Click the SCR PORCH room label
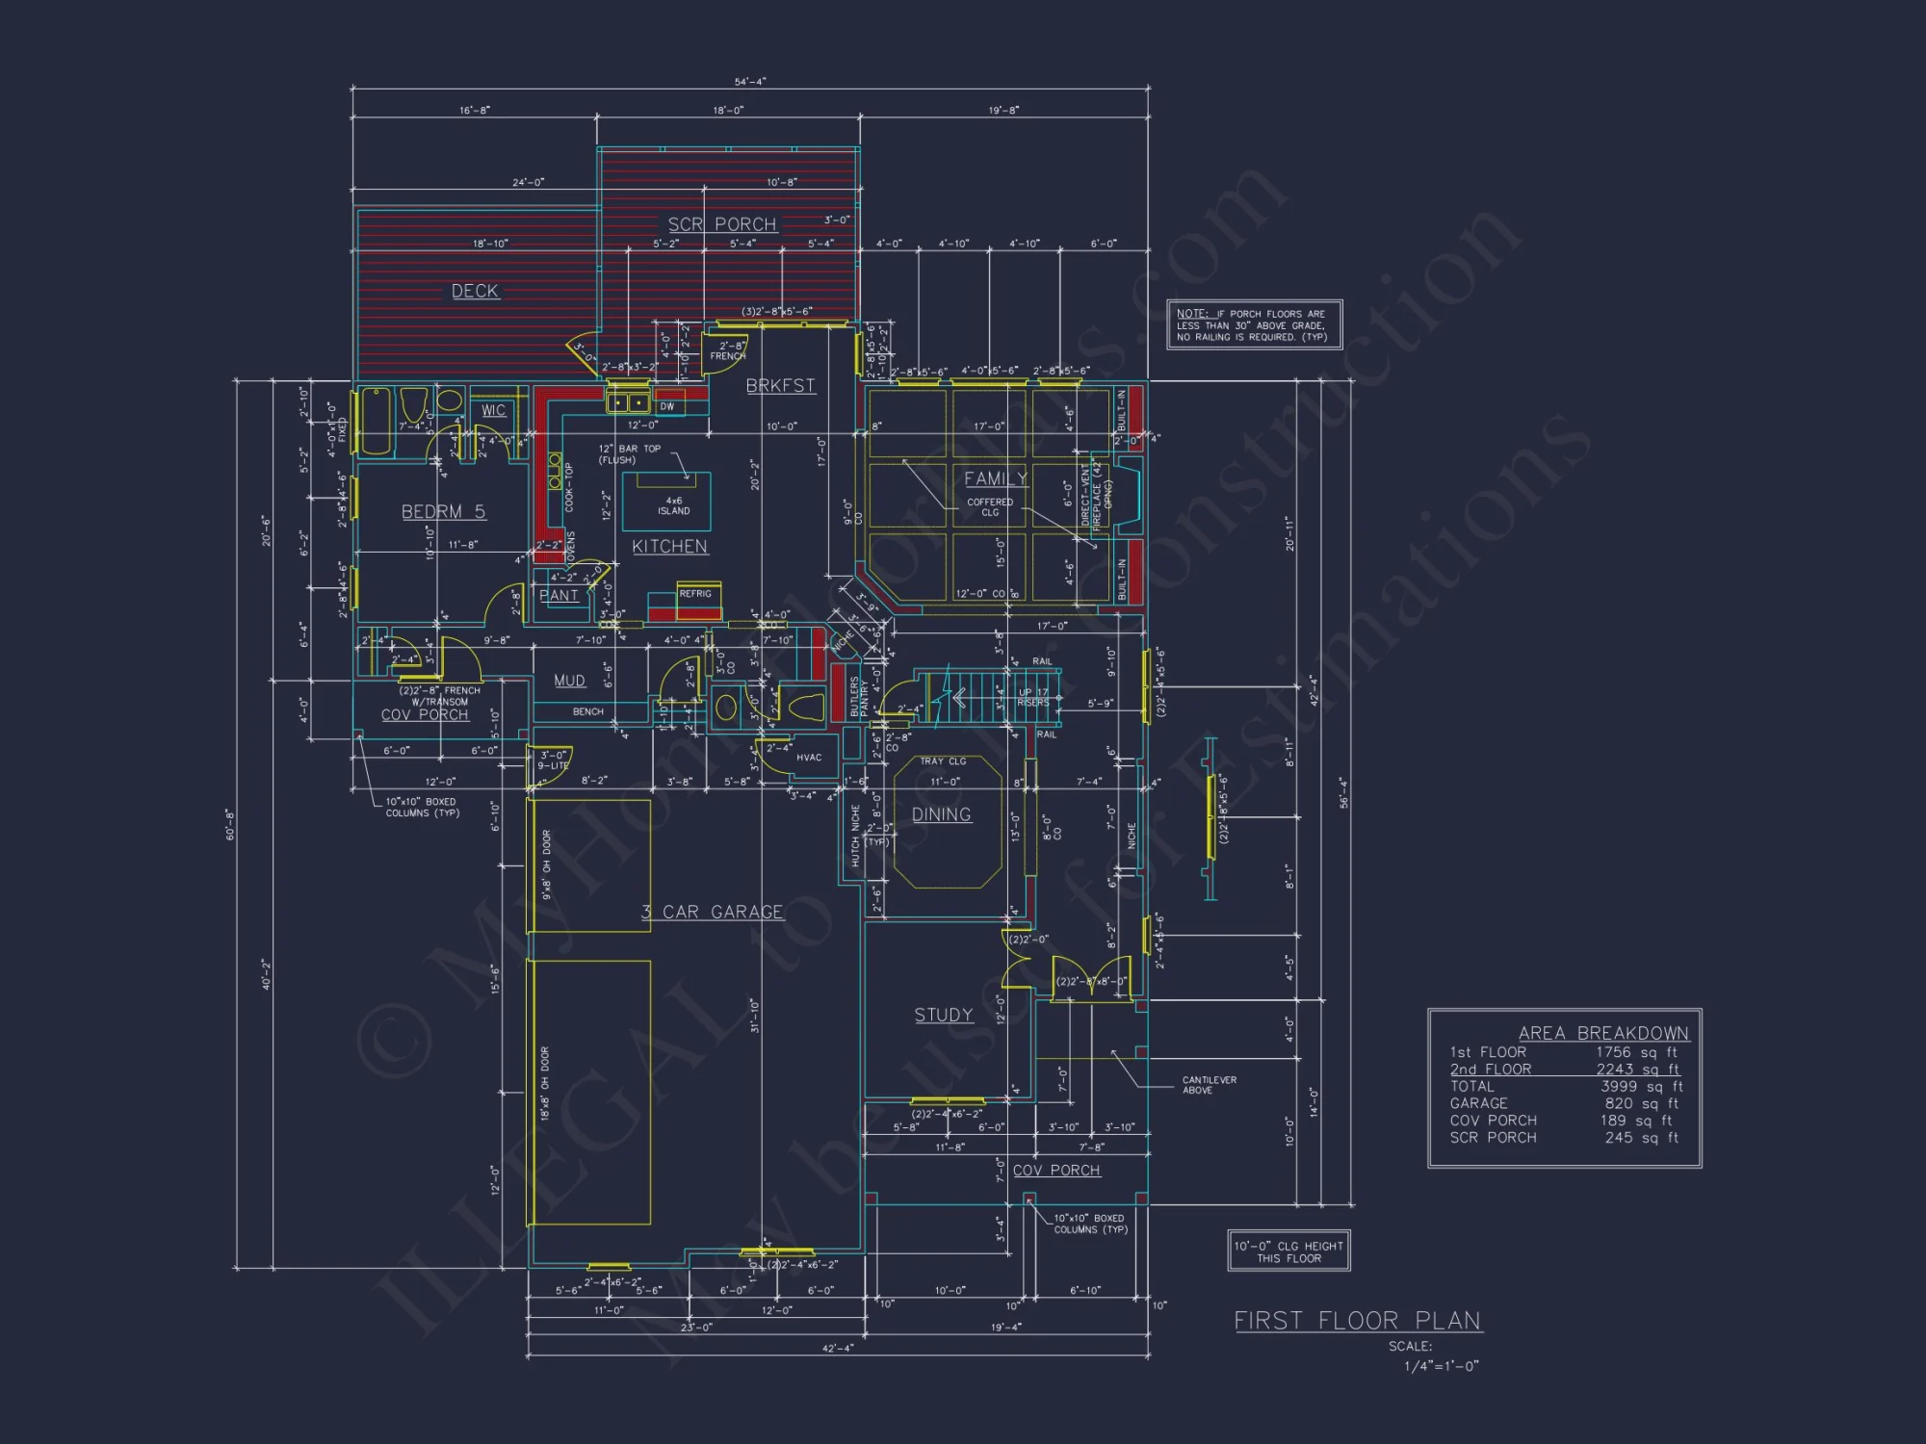[x=722, y=224]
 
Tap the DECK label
[x=475, y=291]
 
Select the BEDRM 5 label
[x=443, y=511]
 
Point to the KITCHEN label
[x=669, y=547]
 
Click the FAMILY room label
[x=996, y=478]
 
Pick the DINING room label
[x=941, y=814]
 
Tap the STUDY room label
[x=943, y=1015]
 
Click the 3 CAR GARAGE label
[x=713, y=912]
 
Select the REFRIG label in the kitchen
[x=695, y=594]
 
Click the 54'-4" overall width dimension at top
[x=750, y=82]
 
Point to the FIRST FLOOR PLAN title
[x=1358, y=1321]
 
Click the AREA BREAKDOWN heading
[x=1603, y=1033]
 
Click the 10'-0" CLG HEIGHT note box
[x=1288, y=1251]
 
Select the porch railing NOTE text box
[x=1254, y=325]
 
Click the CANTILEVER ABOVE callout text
[x=1209, y=1085]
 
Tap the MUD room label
[x=569, y=681]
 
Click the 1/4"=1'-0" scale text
[x=1441, y=1365]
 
